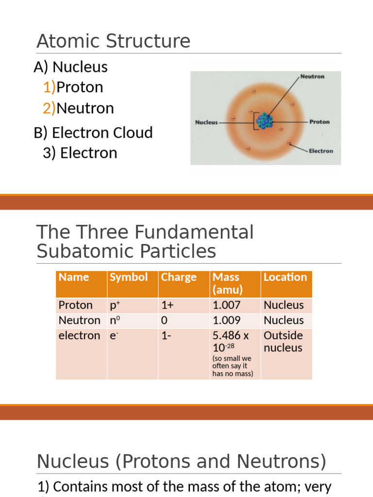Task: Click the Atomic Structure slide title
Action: coord(113,41)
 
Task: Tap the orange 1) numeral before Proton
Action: coord(49,87)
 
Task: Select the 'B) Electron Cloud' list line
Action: coord(93,133)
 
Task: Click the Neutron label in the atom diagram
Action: coord(312,77)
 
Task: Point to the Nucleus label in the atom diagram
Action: coord(206,122)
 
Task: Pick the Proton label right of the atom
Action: coord(319,122)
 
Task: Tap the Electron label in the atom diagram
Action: coord(321,151)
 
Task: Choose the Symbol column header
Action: coord(129,277)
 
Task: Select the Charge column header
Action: coord(179,277)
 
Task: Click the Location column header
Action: coord(285,277)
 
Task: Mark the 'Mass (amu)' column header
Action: coord(227,283)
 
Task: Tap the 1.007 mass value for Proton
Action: coord(226,305)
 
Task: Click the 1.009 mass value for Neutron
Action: coord(226,320)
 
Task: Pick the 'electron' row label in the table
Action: coord(79,335)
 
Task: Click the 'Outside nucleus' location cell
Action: coord(283,342)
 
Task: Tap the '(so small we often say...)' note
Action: coord(233,366)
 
